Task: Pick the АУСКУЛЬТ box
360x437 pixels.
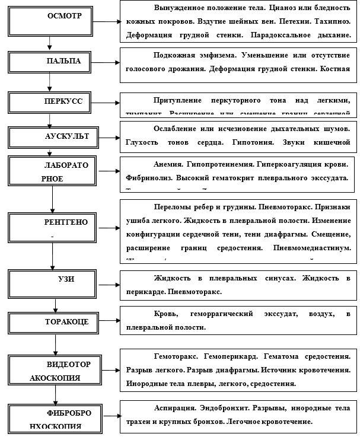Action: [x=54, y=137]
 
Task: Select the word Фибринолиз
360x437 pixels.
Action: [x=148, y=177]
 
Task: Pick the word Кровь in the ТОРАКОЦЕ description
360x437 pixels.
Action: [x=164, y=312]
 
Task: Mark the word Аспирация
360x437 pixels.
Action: [x=172, y=409]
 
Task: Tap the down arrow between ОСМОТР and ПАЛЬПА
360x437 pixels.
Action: [x=49, y=44]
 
